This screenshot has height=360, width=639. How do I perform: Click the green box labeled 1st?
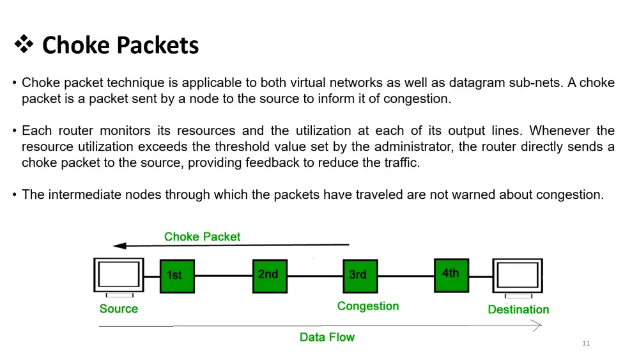coord(177,276)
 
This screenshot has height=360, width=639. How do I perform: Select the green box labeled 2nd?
coord(270,276)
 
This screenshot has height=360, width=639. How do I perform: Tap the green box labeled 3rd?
coord(360,276)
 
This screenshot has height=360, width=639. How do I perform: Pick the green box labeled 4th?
coord(451,275)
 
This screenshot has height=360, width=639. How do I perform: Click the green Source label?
coord(119,309)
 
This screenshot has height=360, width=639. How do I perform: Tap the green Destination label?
coord(518,309)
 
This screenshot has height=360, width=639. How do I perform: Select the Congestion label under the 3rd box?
coord(368,306)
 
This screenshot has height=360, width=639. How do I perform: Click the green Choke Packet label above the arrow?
coord(202,237)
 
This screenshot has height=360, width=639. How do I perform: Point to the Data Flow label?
coord(327,337)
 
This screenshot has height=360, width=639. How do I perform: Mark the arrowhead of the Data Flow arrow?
coord(537,326)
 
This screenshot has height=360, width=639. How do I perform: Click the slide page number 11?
coord(586,344)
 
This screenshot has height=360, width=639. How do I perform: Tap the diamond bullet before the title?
coord(24,45)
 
